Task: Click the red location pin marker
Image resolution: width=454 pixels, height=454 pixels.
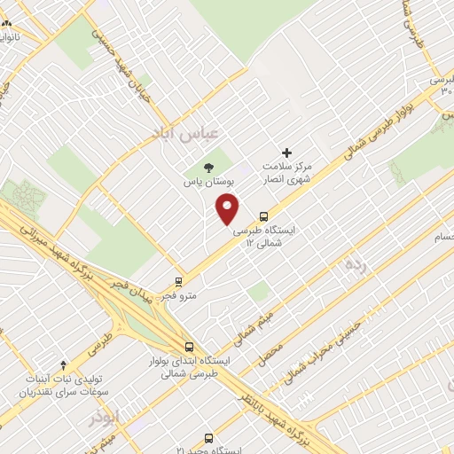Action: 228,209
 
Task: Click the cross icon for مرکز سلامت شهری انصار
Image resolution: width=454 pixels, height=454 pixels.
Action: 286,153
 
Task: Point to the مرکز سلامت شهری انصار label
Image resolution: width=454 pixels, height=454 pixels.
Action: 286,173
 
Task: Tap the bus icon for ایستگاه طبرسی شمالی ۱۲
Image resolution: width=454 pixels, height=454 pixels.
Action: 263,215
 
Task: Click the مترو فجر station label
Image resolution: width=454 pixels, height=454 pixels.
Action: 180,296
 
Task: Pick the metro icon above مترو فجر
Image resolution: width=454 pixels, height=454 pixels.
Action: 180,282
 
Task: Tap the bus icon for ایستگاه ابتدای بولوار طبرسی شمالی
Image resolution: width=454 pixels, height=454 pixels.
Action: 188,348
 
